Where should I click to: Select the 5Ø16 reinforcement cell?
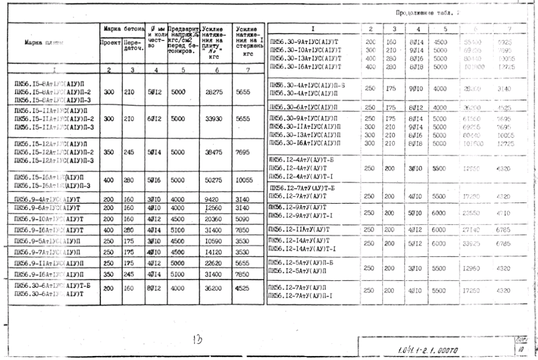[x=154, y=179]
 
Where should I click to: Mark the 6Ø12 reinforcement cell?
[x=154, y=119]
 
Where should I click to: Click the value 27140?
[x=473, y=230]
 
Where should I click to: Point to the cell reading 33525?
[x=473, y=244]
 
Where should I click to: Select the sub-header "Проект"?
[x=110, y=42]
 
